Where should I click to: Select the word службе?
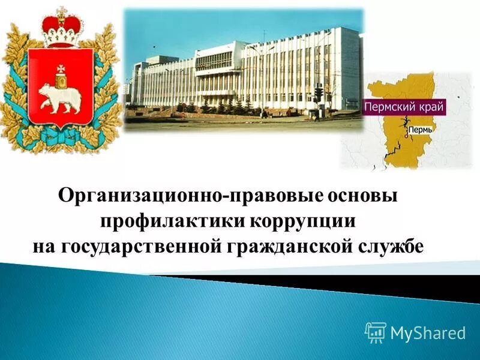click(388, 245)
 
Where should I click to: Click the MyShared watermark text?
click(428, 332)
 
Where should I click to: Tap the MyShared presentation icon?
click(376, 332)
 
